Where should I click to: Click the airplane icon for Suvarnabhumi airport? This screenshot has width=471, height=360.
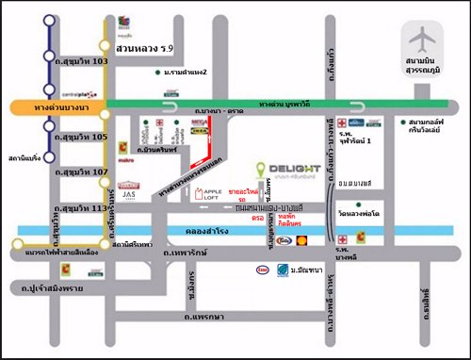417,42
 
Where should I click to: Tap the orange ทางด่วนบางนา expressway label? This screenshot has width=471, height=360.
56,106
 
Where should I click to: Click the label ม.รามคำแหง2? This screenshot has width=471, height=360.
185,72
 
